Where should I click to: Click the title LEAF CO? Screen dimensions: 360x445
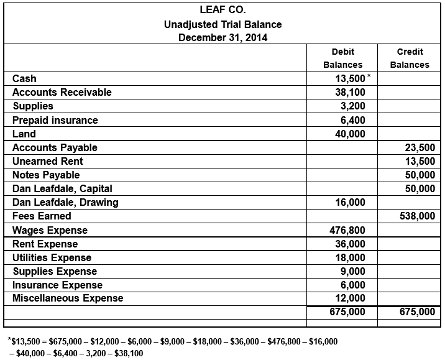point(222,11)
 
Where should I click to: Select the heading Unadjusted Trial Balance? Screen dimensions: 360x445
point(222,25)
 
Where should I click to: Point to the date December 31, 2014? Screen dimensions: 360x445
point(222,38)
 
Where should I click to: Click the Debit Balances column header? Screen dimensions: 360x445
point(342,58)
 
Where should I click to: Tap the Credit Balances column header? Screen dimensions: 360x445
point(410,58)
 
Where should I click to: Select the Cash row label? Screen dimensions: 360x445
point(24,78)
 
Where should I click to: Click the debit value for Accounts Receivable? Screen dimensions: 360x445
point(351,92)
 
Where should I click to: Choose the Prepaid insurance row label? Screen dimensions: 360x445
point(55,120)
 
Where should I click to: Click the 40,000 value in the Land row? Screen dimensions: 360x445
point(351,134)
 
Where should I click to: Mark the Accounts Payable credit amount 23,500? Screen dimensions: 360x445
point(420,147)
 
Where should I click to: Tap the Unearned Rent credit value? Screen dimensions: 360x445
point(420,161)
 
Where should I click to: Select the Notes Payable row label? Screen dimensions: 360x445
point(46,175)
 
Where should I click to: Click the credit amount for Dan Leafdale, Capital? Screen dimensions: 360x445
point(420,188)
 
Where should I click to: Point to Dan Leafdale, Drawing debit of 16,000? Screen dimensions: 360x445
point(351,202)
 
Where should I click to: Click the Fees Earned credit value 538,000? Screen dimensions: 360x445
point(418,216)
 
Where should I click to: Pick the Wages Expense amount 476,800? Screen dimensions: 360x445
point(347,230)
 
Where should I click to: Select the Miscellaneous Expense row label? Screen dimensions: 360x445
point(68,298)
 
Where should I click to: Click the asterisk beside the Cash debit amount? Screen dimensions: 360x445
point(369,76)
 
